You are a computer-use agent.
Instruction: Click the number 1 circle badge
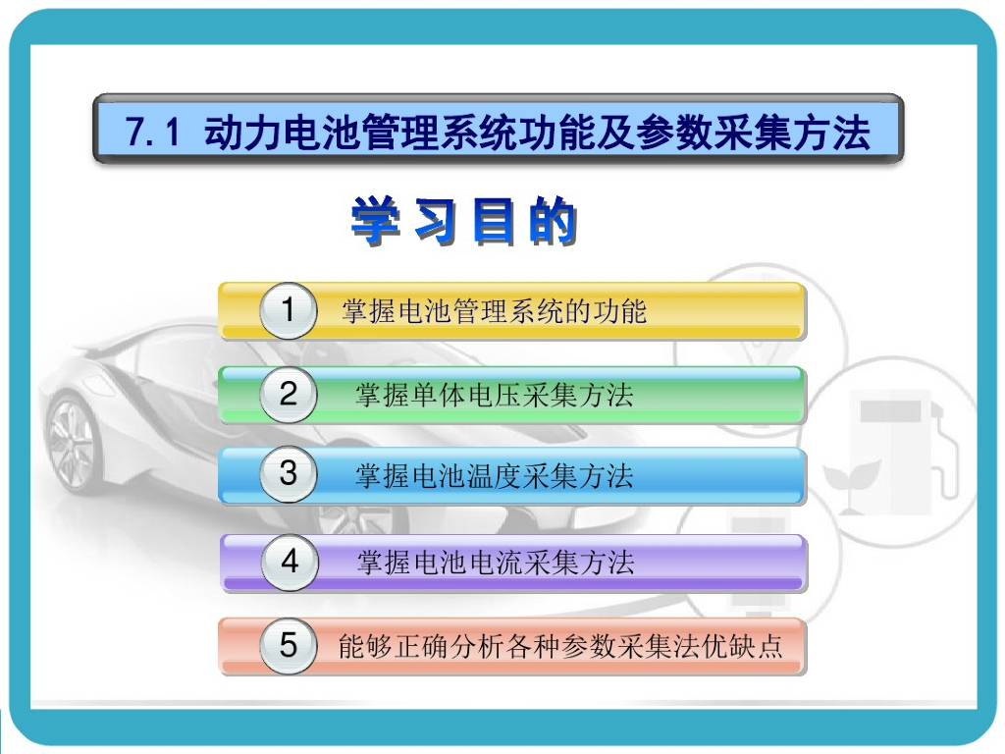tap(288, 311)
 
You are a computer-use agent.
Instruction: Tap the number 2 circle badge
tap(288, 395)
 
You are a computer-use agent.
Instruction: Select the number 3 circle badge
tap(288, 475)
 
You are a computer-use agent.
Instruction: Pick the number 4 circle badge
tap(290, 563)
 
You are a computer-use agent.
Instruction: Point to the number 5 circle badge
tap(288, 646)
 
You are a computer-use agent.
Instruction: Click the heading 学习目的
tap(464, 223)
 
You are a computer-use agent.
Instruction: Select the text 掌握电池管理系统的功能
tap(494, 312)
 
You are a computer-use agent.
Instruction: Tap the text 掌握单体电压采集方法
tap(494, 396)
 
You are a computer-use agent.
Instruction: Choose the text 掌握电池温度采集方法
tap(494, 477)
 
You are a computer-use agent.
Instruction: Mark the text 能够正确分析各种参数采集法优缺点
tap(560, 647)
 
